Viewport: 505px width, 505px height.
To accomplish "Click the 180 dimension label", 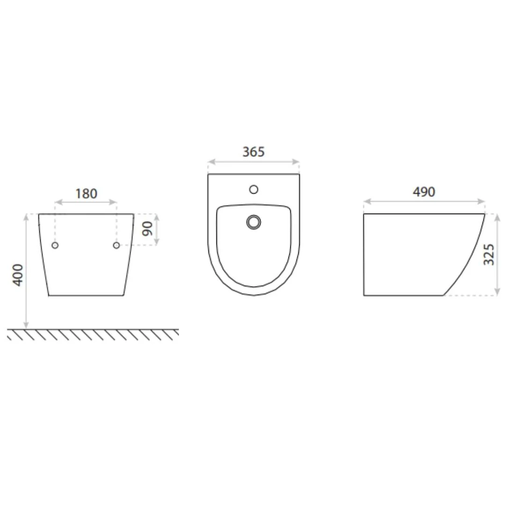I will (86, 194).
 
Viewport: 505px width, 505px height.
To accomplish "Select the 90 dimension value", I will (147, 229).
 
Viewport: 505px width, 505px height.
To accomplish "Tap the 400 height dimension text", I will (18, 275).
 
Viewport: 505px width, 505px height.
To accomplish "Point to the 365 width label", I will (253, 152).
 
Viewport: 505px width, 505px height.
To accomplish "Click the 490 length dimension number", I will (424, 192).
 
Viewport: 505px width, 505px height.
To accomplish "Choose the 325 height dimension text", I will (489, 254).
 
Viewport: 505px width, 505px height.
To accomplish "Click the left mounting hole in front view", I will (55, 245).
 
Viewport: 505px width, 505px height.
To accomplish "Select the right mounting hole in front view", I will (116, 245).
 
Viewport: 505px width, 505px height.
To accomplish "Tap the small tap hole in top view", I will (254, 189).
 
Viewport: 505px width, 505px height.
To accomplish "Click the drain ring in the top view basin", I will (254, 222).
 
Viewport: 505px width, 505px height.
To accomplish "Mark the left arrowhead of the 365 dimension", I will (210, 162).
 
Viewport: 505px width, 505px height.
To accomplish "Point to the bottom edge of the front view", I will (86, 296).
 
